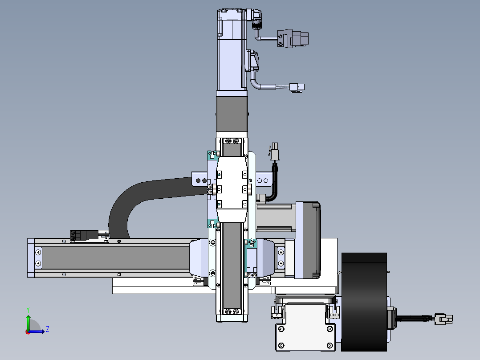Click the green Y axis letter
pos(28,310)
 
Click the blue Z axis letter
pos(48,329)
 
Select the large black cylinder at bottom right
pos(364,302)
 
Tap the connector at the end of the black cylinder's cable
pos(443,319)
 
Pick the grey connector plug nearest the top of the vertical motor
pos(293,38)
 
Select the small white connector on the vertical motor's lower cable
pos(297,88)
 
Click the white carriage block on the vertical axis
pos(232,189)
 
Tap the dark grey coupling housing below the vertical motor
pos(232,114)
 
